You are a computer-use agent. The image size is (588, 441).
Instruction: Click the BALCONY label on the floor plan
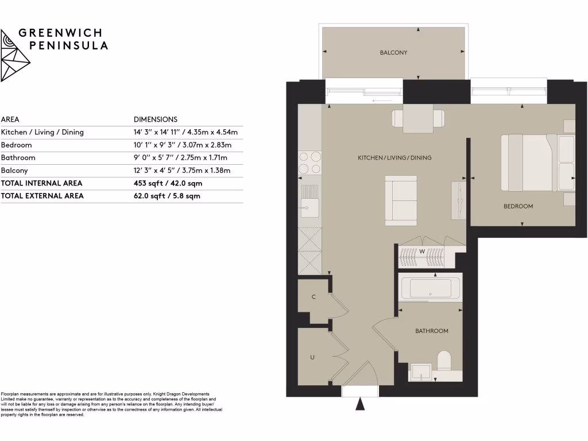(x=393, y=53)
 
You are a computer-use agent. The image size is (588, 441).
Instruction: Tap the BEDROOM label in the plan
(x=518, y=206)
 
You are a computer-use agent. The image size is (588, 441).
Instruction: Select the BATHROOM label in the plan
(x=431, y=331)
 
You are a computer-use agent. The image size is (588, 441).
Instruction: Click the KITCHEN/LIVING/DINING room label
(x=394, y=157)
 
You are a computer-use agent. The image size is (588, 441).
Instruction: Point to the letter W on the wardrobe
(x=421, y=252)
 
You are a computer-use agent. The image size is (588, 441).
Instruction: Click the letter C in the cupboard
(x=314, y=297)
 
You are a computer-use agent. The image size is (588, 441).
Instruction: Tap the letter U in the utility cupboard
(x=312, y=357)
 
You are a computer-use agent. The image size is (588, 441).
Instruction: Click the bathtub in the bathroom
(x=430, y=288)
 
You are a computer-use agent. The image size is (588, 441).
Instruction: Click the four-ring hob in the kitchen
(x=310, y=163)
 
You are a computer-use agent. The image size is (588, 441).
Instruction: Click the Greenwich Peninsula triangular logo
(x=15, y=56)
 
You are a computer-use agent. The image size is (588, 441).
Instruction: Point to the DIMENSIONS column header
(x=155, y=119)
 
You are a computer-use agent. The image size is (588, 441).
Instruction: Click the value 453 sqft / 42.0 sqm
(x=168, y=183)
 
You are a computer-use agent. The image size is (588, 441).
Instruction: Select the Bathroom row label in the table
(x=18, y=158)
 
